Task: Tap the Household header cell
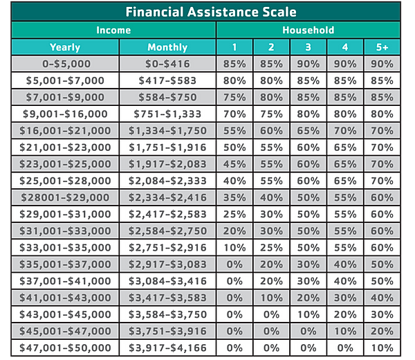point(308,30)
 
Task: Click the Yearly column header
point(65,48)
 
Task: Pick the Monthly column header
point(167,48)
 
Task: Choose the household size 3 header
point(308,48)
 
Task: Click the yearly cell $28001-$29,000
point(65,197)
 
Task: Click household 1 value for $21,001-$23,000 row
point(234,147)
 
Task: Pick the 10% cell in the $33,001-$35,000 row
point(234,247)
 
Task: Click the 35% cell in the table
point(234,197)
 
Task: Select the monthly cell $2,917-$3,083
point(167,264)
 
